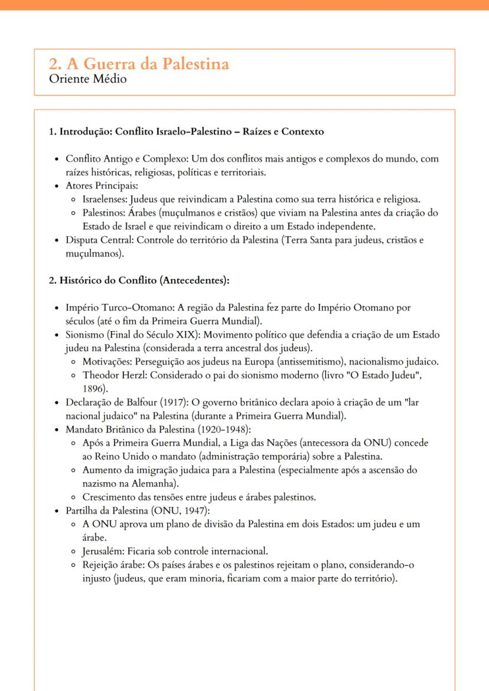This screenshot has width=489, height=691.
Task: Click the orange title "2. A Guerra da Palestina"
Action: tap(139, 64)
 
